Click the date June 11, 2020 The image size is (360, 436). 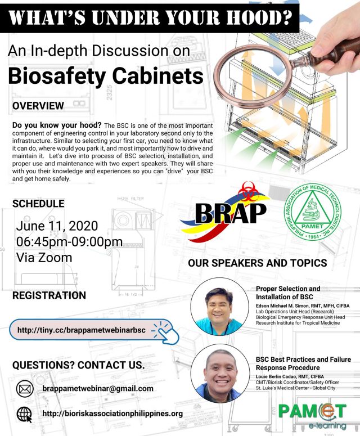(57, 226)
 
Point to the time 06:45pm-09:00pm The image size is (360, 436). (69, 242)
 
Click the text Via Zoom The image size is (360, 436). (44, 258)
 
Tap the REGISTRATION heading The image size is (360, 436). (49, 295)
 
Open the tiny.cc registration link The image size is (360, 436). (84, 330)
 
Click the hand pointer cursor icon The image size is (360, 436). (166, 331)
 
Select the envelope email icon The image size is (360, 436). (25, 389)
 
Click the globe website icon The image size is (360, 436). (25, 414)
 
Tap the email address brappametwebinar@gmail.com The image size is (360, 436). (98, 389)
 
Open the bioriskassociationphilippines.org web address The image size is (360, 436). (112, 414)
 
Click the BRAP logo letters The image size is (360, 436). (223, 212)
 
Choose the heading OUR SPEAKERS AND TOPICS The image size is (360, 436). (257, 263)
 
